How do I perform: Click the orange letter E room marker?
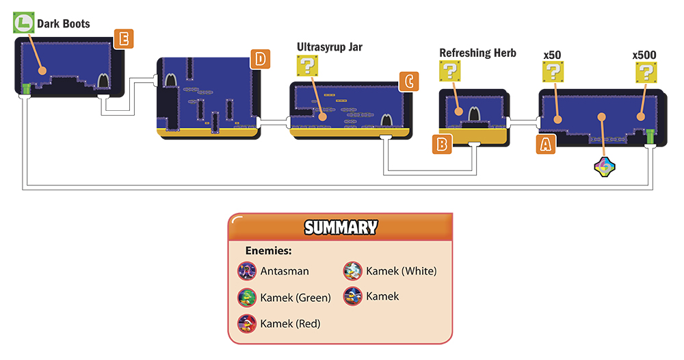click(x=123, y=39)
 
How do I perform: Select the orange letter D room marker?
click(x=260, y=59)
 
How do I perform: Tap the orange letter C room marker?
click(x=409, y=81)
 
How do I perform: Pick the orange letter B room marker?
click(x=442, y=144)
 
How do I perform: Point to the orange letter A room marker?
click(x=546, y=144)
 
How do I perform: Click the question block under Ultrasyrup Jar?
click(x=308, y=66)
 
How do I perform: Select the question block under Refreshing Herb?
click(x=450, y=71)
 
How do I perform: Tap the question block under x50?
click(x=553, y=72)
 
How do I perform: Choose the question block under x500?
click(x=646, y=73)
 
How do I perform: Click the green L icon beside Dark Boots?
click(x=23, y=23)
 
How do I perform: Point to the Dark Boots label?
click(x=63, y=23)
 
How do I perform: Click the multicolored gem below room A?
click(x=605, y=167)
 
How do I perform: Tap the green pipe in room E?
click(x=26, y=89)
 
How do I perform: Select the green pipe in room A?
click(x=650, y=137)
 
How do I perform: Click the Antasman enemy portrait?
click(x=247, y=270)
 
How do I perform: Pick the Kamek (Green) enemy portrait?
click(x=247, y=297)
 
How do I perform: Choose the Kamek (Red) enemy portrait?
click(x=247, y=323)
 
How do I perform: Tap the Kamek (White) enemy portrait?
click(x=352, y=270)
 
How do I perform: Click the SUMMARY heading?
click(x=341, y=227)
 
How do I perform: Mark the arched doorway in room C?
click(x=386, y=120)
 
